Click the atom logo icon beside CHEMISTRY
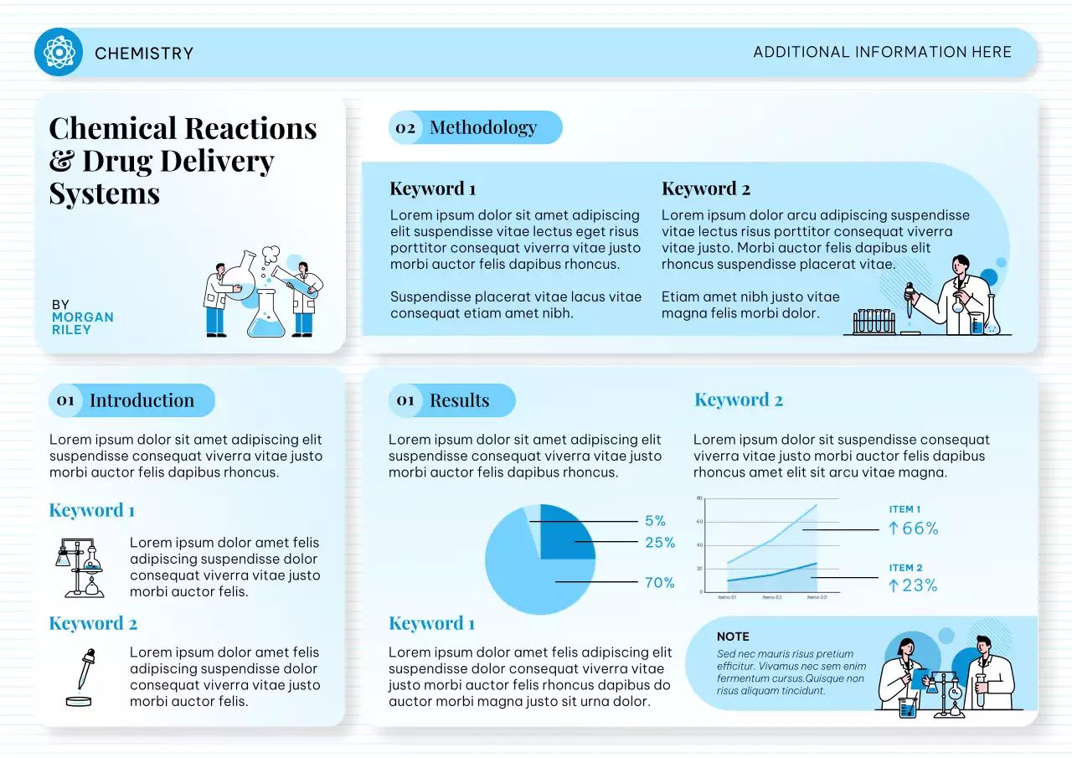(x=59, y=52)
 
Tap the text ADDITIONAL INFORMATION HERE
(x=882, y=52)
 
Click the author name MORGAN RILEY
(x=82, y=323)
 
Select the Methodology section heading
(x=483, y=127)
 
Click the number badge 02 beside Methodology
(x=405, y=128)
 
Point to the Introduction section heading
(x=142, y=400)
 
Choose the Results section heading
(x=459, y=400)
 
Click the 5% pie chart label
(x=655, y=521)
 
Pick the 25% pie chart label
(x=660, y=543)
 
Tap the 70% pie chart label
(x=660, y=583)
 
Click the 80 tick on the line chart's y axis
(x=699, y=499)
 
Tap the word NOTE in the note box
(x=733, y=637)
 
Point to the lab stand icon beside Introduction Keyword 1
(x=79, y=567)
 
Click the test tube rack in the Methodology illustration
(x=873, y=322)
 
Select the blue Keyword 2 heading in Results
(x=739, y=400)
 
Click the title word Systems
(x=104, y=193)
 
